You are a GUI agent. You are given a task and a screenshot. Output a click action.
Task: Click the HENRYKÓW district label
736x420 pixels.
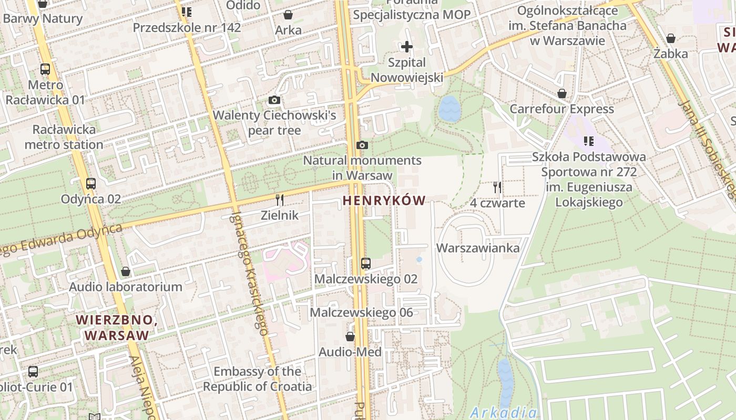[x=384, y=200]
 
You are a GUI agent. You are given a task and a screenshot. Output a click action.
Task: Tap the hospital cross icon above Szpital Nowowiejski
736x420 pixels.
[x=406, y=47]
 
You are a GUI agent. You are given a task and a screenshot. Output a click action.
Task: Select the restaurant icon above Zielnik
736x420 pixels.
[x=280, y=200]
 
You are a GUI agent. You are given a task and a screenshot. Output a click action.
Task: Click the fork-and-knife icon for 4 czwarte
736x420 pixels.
[x=497, y=187]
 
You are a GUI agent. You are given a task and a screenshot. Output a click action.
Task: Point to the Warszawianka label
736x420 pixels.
[x=478, y=248]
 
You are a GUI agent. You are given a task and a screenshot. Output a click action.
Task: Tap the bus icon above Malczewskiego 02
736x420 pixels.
[x=365, y=264]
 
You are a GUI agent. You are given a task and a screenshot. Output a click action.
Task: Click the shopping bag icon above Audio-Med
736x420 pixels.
[x=350, y=337]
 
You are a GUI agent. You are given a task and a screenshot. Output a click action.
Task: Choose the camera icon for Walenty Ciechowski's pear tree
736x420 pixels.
[x=274, y=100]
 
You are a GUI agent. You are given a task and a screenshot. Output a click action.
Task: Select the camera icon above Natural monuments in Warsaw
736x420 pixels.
[x=362, y=145]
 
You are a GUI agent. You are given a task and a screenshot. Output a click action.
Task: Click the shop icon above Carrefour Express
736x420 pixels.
[x=562, y=94]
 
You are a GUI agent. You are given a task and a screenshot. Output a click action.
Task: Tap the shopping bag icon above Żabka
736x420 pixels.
[x=670, y=38]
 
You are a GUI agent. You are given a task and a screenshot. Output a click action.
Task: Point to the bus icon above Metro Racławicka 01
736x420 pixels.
[x=45, y=69]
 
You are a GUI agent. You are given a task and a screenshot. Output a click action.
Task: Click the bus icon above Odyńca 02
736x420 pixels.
[x=91, y=184]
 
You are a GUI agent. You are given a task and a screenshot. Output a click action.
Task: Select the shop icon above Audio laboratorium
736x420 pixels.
[x=126, y=271]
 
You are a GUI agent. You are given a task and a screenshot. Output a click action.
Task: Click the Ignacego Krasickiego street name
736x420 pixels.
[x=250, y=274]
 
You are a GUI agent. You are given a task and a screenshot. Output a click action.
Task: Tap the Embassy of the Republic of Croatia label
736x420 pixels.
[x=258, y=379]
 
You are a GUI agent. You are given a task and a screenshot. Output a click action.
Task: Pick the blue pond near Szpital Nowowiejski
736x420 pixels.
[x=449, y=109]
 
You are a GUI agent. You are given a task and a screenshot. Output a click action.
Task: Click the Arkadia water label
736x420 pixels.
[x=504, y=412]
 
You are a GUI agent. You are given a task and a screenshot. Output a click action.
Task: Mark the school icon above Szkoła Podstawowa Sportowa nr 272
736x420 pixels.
[x=589, y=141]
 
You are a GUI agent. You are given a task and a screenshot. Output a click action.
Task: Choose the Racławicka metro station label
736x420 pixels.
[x=64, y=136]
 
